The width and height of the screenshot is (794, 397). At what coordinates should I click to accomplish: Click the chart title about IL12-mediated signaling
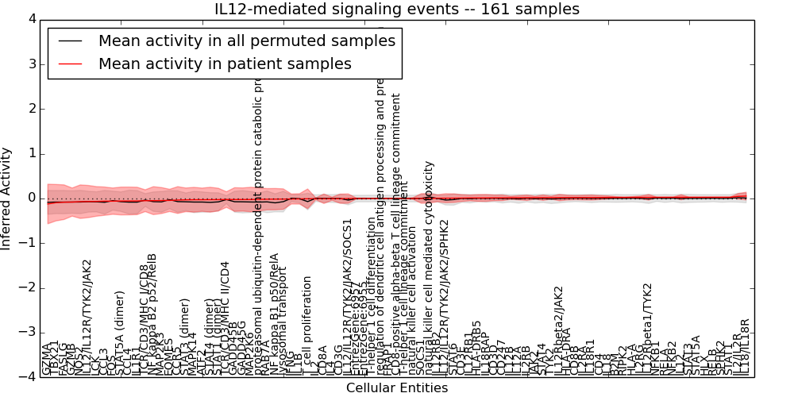coord(397,9)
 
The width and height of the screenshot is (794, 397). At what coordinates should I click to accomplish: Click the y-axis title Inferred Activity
coord(7,198)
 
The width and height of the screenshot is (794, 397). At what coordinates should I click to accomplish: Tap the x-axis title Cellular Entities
coord(396,388)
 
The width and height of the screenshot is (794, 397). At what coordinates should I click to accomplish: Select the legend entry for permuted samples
coord(246,40)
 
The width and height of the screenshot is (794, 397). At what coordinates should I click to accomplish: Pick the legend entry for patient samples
coord(225,64)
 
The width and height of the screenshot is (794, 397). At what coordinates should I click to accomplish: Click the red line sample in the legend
coord(71,64)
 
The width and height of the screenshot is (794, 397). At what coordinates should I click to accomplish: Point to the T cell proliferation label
coord(307,326)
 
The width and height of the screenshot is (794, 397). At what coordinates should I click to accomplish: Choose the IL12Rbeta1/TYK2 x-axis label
coord(647,329)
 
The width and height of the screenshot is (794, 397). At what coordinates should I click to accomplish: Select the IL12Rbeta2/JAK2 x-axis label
coord(559,330)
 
